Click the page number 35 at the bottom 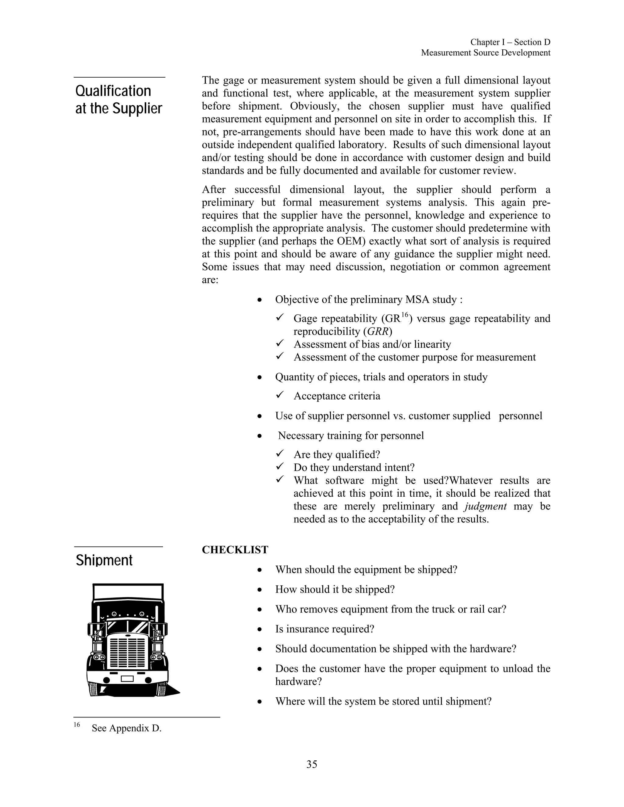tap(312, 764)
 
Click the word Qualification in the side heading tap(113, 91)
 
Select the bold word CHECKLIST tap(235, 550)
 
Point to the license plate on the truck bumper tap(127, 678)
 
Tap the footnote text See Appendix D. tap(126, 728)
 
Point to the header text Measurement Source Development tap(485, 53)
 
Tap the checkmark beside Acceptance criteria tap(280, 395)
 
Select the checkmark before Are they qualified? tap(280, 454)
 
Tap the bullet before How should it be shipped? tap(260, 590)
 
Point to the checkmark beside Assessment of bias tap(280, 344)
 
